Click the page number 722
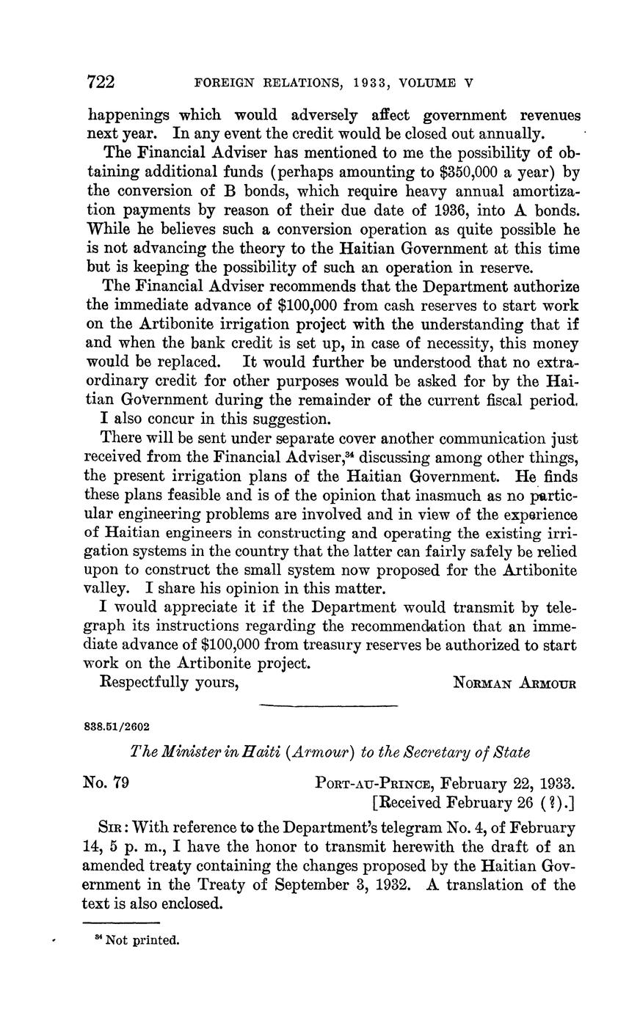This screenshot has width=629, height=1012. pyautogui.click(x=101, y=82)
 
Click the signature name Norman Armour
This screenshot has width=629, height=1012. pyautogui.click(x=515, y=683)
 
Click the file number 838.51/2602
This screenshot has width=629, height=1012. pyautogui.click(x=117, y=727)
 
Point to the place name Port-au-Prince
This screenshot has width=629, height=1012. pyautogui.click(x=374, y=782)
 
